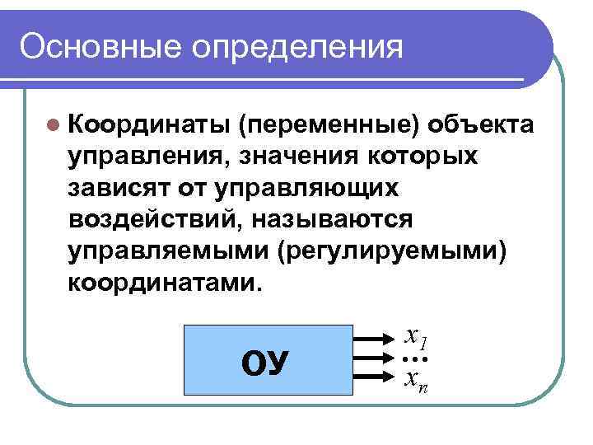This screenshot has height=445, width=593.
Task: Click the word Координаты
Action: pos(148,124)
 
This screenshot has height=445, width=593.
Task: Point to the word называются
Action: pos(331,220)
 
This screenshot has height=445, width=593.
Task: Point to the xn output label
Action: pos(415,381)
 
